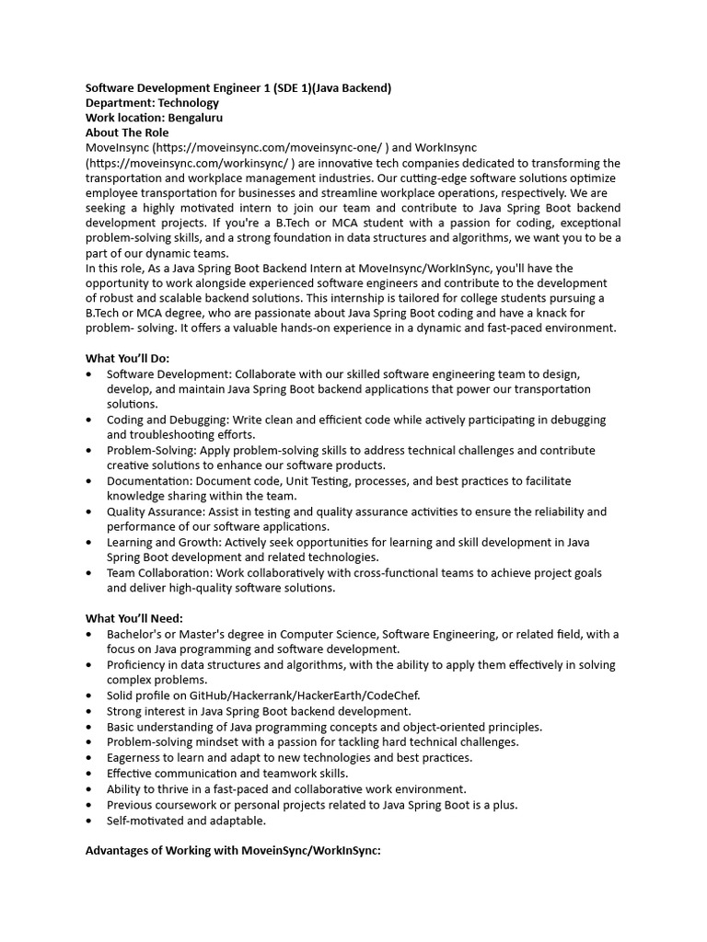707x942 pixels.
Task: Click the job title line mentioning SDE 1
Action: click(238, 87)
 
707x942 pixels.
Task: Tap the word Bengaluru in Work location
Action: click(195, 118)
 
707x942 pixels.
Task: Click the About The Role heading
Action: click(127, 132)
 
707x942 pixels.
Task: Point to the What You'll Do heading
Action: click(128, 358)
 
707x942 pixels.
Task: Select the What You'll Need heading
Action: click(134, 618)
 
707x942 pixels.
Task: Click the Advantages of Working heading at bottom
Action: click(233, 851)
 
